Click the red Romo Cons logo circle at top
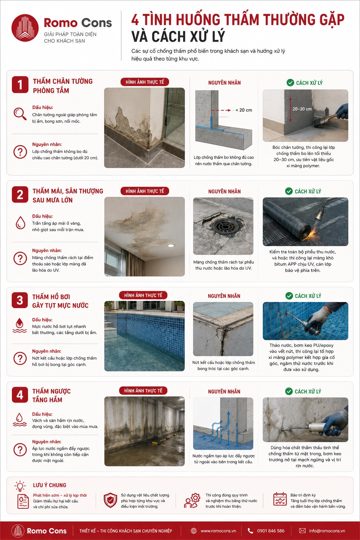pos(25,28)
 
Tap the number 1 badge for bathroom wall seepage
pos(20,85)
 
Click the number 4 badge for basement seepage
pos(20,395)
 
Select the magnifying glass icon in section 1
pos(20,114)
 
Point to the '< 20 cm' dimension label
pos(244,110)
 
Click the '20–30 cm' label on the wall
pos(302,109)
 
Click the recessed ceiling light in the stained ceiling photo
pos(171,245)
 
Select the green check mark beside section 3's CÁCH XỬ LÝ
pos(289,296)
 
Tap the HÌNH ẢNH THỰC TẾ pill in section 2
pos(145,191)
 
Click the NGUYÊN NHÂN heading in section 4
pos(224,392)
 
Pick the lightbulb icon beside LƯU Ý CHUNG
pos(20,486)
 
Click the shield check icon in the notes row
pos(110,500)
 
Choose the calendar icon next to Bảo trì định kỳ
pos(280,499)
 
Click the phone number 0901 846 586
pos(271,531)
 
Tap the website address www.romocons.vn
pos(218,531)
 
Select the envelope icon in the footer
pos(302,531)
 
